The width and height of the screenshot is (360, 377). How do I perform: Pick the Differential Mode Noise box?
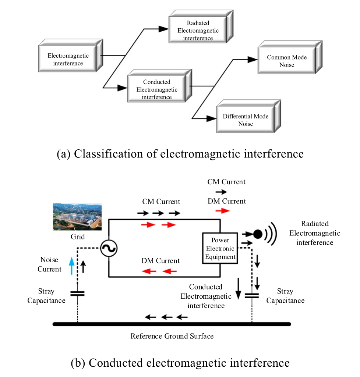(246, 120)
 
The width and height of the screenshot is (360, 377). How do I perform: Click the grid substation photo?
(77, 217)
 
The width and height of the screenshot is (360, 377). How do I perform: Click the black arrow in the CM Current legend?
(221, 192)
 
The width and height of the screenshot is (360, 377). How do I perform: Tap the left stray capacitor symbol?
(77, 293)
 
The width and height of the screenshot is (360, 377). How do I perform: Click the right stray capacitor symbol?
(252, 295)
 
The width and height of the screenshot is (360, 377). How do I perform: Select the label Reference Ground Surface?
(172, 336)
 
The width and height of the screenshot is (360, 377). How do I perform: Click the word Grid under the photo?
(77, 236)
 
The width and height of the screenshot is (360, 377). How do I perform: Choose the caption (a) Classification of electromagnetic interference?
(180, 153)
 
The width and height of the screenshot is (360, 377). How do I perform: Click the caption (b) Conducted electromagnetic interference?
(180, 363)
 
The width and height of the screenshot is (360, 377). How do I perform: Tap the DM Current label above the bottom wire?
(160, 261)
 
